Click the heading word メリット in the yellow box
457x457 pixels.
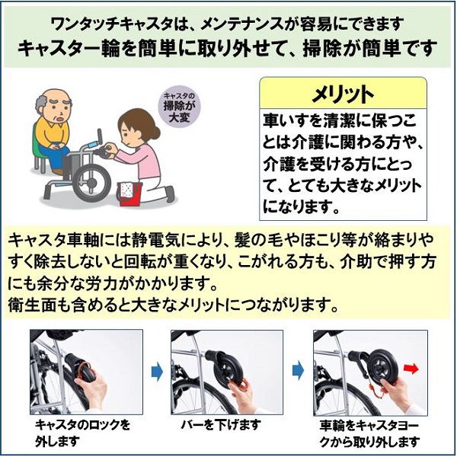tap(343, 94)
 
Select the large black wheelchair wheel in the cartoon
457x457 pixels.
tap(91, 183)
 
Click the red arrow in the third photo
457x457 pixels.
tap(411, 369)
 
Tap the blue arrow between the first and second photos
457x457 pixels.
tap(157, 372)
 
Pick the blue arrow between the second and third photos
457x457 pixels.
tap(298, 372)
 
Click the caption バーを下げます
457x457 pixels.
tap(221, 426)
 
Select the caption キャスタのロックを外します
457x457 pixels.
tap(83, 433)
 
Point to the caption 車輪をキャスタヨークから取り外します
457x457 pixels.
tap(369, 434)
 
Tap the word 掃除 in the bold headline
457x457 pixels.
tap(321, 48)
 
